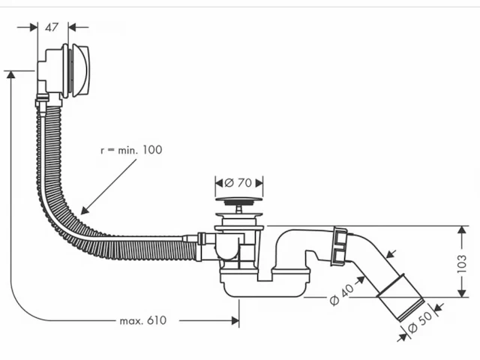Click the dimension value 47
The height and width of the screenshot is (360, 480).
[52, 28]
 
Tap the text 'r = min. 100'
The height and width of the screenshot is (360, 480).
[131, 150]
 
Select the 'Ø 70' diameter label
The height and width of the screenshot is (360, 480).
[239, 182]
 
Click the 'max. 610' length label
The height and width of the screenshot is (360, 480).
[143, 320]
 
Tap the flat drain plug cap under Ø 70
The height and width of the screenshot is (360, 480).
[239, 201]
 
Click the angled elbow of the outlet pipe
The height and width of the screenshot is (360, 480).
[367, 259]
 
